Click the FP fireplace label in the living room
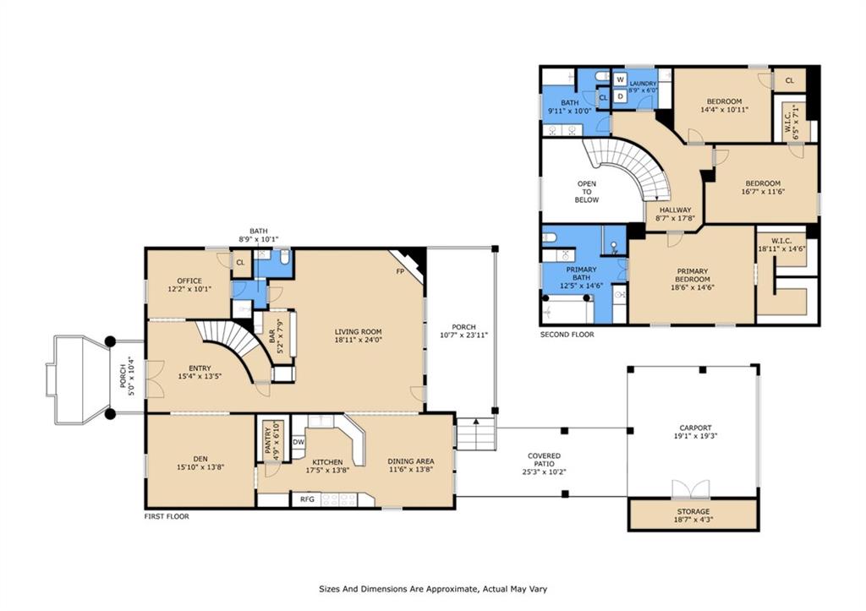pos(400,271)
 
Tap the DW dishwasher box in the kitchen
pos(299,442)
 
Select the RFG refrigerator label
pos(307,499)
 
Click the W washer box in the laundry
pos(620,79)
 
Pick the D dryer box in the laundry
pos(620,96)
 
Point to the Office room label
pos(189,281)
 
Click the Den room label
pos(200,459)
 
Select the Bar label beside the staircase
pos(272,336)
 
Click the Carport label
pos(695,428)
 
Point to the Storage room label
pos(693,511)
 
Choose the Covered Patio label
pos(544,460)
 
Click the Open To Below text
pos(587,192)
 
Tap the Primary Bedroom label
pos(693,275)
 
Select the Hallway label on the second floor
pos(675,210)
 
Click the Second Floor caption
pos(567,335)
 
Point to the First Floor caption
pos(167,516)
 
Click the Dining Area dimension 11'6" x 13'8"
pos(410,470)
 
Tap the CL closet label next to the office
pos(240,263)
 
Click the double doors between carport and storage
pos(690,489)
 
